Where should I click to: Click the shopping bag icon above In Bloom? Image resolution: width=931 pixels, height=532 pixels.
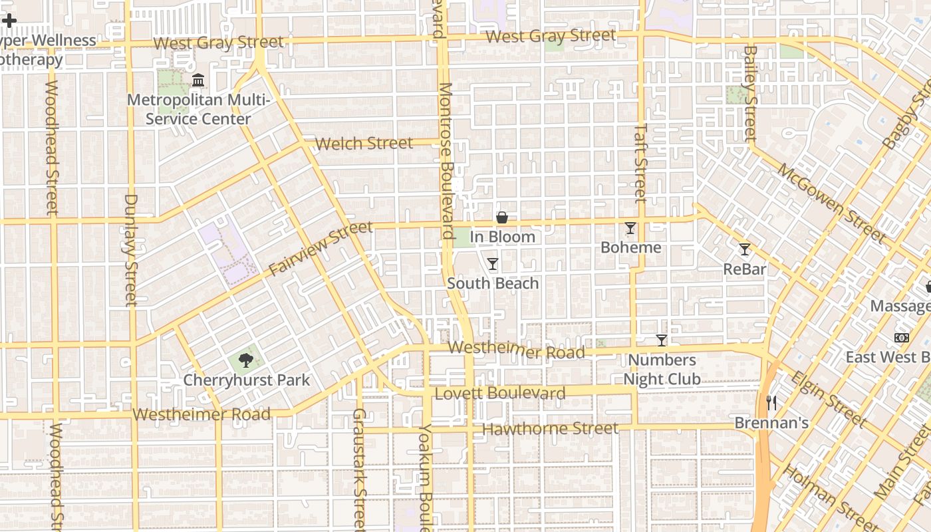click(x=502, y=217)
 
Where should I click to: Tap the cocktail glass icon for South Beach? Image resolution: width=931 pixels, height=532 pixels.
click(x=492, y=264)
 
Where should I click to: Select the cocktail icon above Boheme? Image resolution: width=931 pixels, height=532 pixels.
click(x=630, y=228)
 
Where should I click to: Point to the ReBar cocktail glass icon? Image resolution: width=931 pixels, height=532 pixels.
click(x=745, y=249)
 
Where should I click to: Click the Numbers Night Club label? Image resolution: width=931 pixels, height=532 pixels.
click(x=662, y=370)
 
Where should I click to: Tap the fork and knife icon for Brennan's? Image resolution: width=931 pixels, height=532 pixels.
click(x=771, y=402)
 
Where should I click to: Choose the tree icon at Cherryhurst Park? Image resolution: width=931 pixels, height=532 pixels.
click(x=246, y=360)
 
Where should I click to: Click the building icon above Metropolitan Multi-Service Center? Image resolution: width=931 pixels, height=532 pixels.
click(x=198, y=80)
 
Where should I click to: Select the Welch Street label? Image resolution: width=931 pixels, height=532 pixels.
click(x=364, y=143)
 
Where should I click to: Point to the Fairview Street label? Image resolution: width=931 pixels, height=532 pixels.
click(x=321, y=249)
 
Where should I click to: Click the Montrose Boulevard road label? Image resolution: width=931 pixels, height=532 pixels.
click(x=447, y=160)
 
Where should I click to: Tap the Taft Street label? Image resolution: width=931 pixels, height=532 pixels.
click(x=640, y=162)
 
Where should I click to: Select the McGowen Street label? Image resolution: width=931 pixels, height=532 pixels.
click(x=831, y=202)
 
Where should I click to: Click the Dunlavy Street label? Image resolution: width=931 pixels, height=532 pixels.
click(x=131, y=249)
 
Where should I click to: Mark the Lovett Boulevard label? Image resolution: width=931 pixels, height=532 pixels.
click(x=500, y=394)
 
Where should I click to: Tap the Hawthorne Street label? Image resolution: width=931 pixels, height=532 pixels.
click(x=550, y=429)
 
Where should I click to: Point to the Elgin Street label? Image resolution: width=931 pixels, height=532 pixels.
click(x=828, y=398)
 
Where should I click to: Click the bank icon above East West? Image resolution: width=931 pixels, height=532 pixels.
click(x=901, y=338)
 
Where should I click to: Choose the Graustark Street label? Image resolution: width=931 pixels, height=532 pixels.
click(x=359, y=469)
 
